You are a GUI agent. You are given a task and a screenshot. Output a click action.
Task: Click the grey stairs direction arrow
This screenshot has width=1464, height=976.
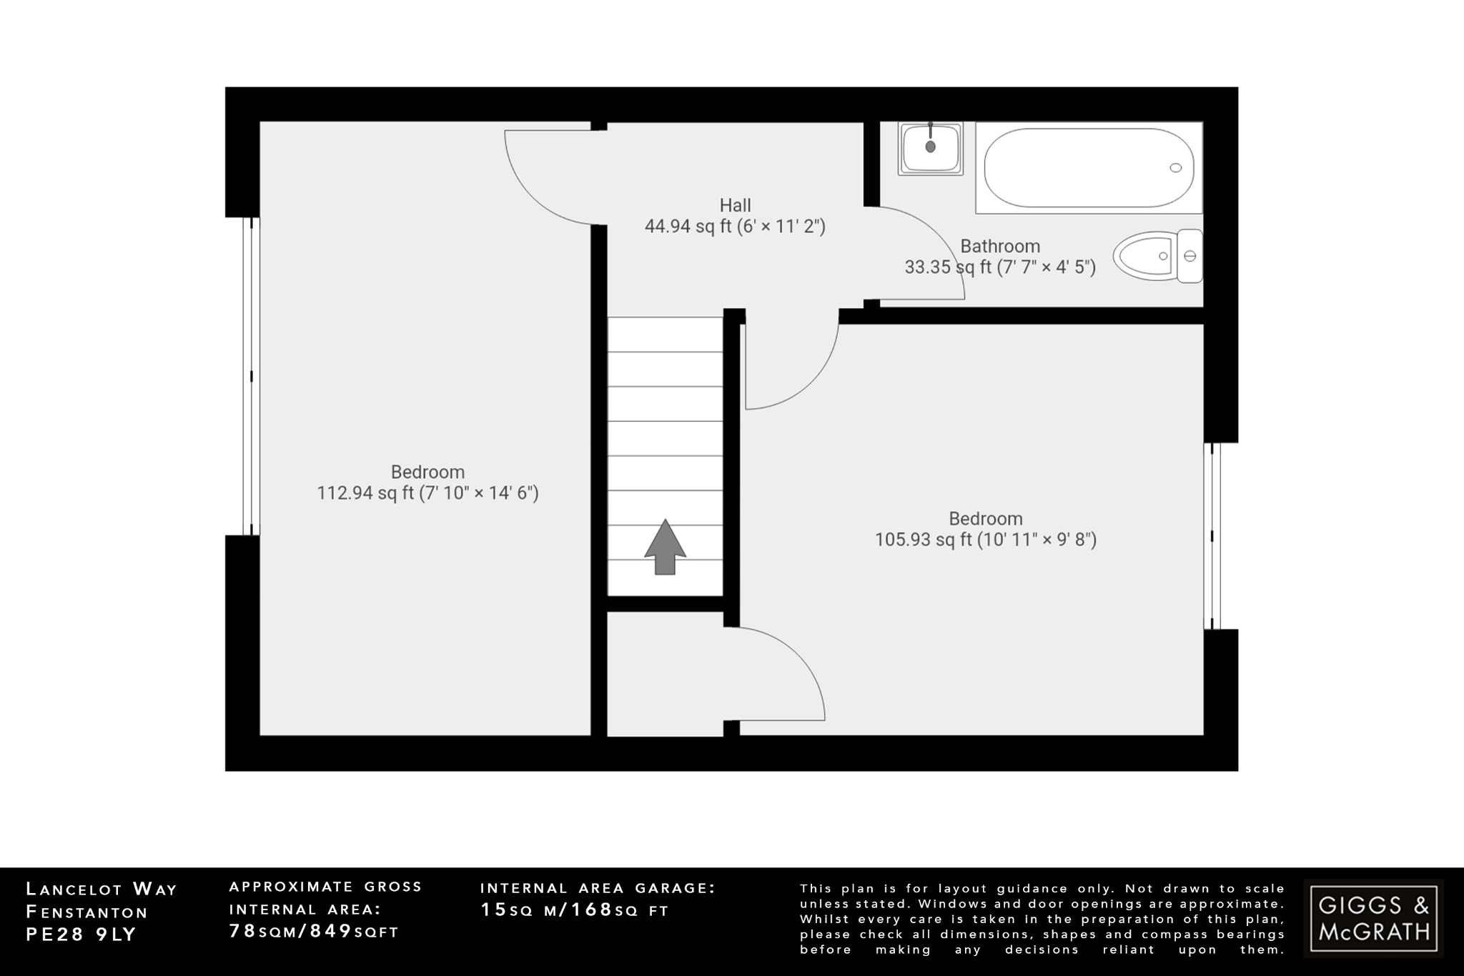665,547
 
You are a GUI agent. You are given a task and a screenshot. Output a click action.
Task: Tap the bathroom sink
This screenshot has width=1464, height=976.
930,148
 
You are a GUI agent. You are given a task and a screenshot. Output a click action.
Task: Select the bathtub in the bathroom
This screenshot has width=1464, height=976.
1088,168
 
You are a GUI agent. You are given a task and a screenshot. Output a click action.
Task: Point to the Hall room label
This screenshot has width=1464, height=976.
735,205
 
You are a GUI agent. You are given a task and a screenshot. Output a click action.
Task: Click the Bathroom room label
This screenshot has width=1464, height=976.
999,246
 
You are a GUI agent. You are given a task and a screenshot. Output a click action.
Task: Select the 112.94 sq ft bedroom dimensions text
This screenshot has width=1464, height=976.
427,493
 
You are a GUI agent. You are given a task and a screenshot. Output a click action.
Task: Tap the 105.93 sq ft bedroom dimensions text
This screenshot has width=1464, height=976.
986,539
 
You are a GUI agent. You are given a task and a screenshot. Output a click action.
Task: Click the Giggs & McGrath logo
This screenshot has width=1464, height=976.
1373,918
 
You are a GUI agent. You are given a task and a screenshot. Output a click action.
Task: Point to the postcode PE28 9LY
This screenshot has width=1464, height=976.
81,935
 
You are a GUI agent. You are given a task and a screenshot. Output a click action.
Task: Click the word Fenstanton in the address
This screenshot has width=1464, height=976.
86,912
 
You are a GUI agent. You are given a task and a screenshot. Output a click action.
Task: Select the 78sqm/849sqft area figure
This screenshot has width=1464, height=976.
313,931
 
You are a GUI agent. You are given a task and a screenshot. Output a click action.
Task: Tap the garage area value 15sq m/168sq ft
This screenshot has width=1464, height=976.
574,910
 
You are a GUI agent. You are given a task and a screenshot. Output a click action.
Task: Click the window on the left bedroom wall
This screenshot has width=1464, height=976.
251,376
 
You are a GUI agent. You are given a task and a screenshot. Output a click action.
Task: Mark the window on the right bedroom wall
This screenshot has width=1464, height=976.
1212,536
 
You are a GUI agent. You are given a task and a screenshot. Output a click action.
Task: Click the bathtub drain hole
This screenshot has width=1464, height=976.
1175,168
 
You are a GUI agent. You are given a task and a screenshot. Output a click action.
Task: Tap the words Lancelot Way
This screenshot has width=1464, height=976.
101,889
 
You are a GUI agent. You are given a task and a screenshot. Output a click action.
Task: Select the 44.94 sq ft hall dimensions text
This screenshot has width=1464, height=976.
735,227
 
